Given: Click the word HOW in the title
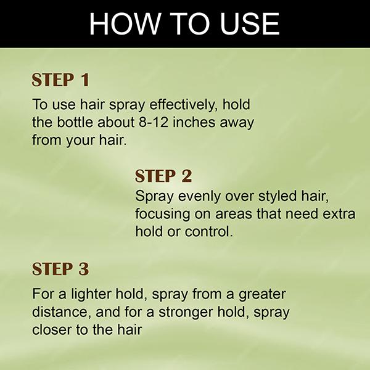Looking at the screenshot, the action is pos(125,24).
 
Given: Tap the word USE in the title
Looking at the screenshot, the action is pos(250,24).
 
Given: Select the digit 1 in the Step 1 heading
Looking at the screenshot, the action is pos(84,80).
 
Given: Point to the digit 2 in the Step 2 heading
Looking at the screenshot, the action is pos(187,176).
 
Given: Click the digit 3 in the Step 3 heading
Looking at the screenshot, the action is pos(84,269).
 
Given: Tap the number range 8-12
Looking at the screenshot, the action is pos(154,123).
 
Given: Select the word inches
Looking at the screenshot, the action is pos(194,122).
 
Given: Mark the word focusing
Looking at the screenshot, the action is pos(163,215).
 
